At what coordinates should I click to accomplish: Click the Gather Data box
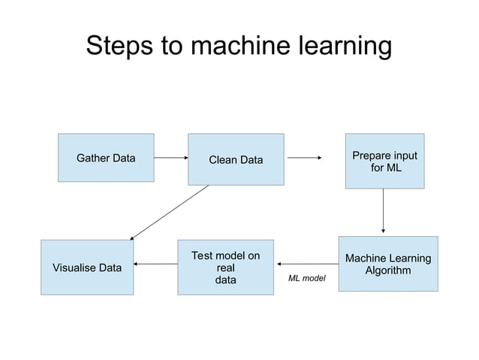point(106,158)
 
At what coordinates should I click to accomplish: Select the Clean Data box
point(236,159)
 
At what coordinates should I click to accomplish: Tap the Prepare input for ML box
point(384,161)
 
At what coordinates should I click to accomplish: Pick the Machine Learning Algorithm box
point(387,264)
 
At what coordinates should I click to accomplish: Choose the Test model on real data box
point(225,268)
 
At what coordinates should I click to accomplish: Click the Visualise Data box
point(86,268)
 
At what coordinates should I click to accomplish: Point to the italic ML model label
point(306,278)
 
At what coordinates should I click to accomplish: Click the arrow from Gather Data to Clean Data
point(170,158)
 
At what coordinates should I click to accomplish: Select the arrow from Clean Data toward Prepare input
point(304,158)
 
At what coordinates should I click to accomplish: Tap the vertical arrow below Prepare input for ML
point(384,210)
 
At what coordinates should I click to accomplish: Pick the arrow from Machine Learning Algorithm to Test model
point(307,264)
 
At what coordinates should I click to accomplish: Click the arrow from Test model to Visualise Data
point(155,264)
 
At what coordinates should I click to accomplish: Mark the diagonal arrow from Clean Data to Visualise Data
point(169,213)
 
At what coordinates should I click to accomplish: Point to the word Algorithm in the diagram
point(387,271)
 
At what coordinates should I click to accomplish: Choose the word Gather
point(93,158)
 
